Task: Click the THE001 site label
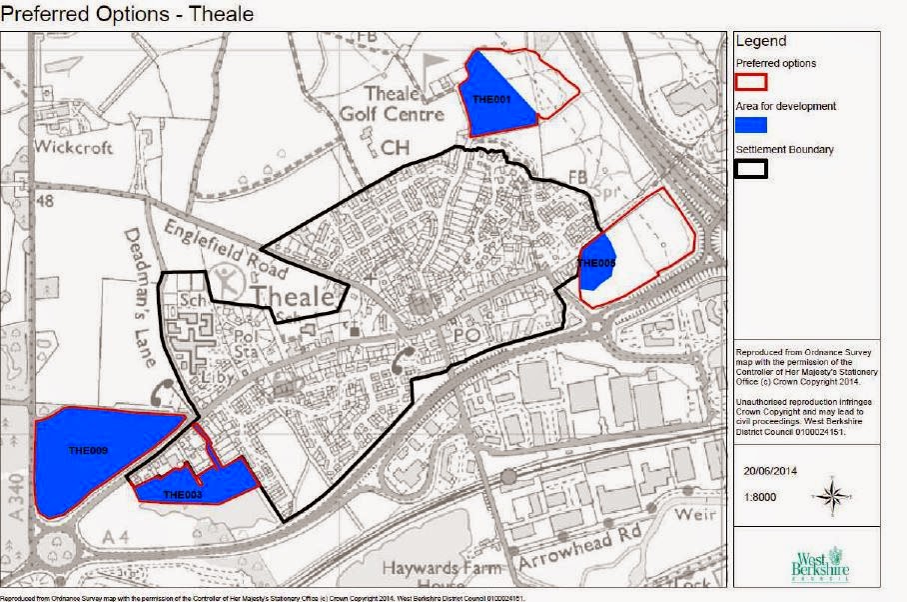pos(490,100)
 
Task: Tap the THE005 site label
pos(597,263)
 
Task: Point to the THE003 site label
pos(183,495)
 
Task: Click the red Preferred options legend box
pos(751,81)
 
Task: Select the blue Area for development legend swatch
pos(751,125)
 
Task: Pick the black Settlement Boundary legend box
pos(751,168)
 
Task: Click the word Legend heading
pos(761,42)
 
